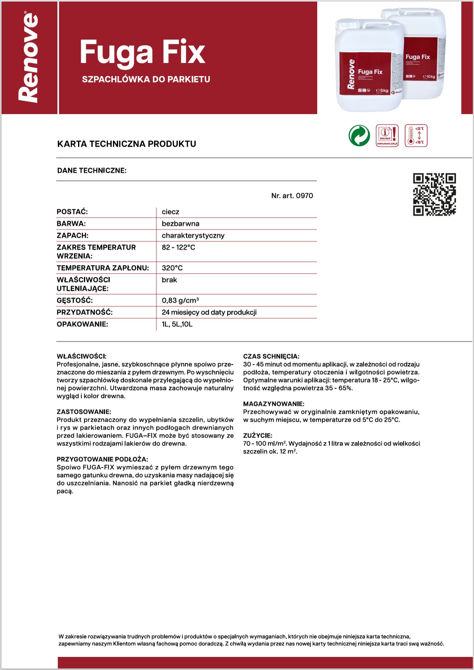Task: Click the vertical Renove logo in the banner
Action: click(x=29, y=58)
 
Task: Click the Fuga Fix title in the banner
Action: click(x=142, y=52)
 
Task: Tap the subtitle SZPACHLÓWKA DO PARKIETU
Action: click(x=146, y=79)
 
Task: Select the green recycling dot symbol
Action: click(x=359, y=135)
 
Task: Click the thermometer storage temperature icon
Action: click(x=416, y=135)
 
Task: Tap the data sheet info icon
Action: click(x=387, y=135)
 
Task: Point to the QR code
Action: click(x=434, y=194)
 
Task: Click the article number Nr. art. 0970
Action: click(x=292, y=196)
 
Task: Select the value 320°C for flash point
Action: click(x=172, y=268)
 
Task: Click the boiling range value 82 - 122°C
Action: click(x=178, y=247)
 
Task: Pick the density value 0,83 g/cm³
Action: click(x=180, y=301)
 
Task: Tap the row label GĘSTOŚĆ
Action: click(x=75, y=301)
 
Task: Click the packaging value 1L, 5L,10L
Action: click(x=177, y=324)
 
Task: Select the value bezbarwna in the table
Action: click(x=181, y=224)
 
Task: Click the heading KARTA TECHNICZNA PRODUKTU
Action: click(x=127, y=144)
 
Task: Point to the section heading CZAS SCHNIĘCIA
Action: click(x=271, y=356)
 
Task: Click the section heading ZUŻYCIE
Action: click(x=258, y=436)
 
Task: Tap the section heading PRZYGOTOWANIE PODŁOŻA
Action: click(x=102, y=459)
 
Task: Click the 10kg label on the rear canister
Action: click(x=429, y=76)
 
